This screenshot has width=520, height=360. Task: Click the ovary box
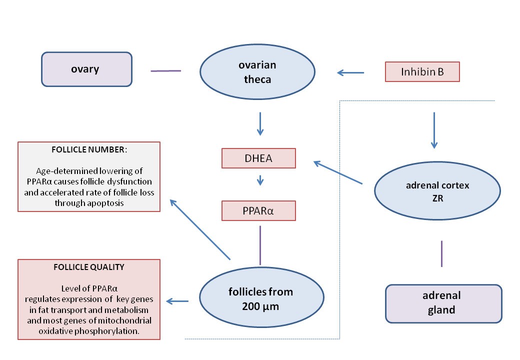(86, 69)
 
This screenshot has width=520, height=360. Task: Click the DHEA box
(259, 158)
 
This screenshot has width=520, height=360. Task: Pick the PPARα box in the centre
(259, 210)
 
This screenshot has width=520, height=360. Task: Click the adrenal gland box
(443, 303)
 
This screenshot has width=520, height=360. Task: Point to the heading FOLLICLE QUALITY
(89, 267)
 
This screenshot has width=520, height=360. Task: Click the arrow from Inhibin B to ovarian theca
(350, 73)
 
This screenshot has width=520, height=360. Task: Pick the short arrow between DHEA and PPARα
(259, 179)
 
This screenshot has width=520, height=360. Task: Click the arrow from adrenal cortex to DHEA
(338, 172)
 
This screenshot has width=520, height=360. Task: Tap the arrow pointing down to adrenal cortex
(433, 130)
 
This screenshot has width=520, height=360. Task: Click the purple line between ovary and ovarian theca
(165, 71)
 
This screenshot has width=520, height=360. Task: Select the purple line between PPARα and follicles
(260, 245)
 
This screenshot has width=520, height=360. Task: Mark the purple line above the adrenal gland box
(441, 253)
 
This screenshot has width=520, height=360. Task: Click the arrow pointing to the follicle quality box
(177, 301)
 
